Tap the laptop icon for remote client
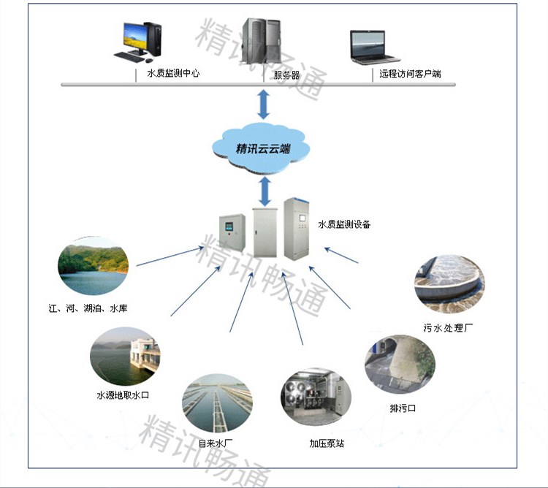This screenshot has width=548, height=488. [375, 47]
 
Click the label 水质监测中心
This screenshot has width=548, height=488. [173, 74]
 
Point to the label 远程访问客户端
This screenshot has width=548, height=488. [410, 74]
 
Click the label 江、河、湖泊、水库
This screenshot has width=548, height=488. [91, 309]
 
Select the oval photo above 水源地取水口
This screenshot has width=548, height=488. [123, 357]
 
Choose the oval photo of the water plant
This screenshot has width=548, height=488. [216, 403]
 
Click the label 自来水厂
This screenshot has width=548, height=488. [216, 443]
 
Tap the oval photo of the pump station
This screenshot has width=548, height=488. [316, 398]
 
